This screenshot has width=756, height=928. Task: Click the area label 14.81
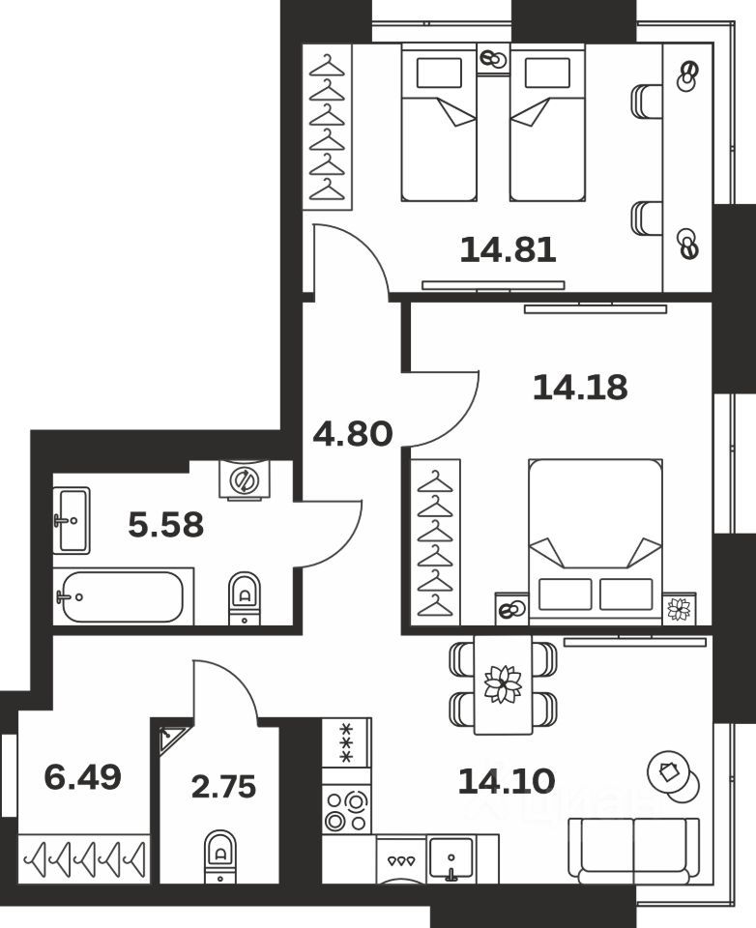point(508,250)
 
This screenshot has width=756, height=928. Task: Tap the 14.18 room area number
point(580,388)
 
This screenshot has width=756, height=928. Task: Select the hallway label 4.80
point(352,434)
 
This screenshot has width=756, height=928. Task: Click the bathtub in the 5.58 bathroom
point(121,596)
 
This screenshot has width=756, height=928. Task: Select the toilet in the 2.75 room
point(220,855)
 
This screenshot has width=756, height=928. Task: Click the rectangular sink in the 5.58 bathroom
point(72,520)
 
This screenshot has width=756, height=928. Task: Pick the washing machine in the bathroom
point(244,478)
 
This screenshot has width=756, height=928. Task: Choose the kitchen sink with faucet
point(450,858)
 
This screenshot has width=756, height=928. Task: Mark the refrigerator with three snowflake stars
point(346,742)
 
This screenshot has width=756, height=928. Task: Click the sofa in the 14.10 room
point(633,848)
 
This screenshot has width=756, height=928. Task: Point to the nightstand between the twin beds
point(493,59)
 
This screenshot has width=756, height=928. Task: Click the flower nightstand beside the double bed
point(680,608)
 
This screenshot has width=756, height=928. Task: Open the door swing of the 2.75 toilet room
point(225,691)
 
